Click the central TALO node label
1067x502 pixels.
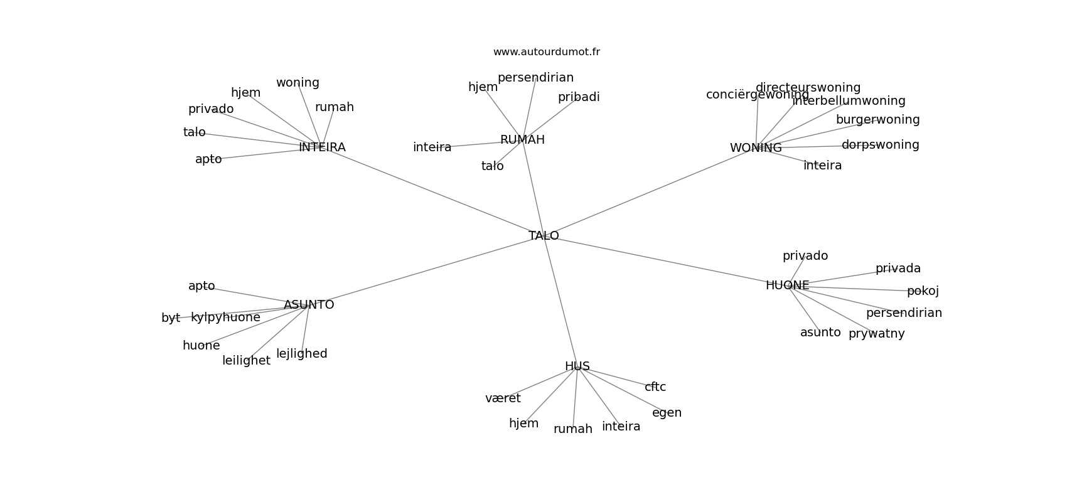coord(544,236)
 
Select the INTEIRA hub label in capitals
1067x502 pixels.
coord(322,147)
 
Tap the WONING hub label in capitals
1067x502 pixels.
coord(756,148)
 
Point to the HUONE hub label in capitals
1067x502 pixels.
coord(787,286)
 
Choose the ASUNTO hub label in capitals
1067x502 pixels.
coord(309,305)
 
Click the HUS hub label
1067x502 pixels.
coord(577,366)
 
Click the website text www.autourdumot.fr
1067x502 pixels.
coord(546,52)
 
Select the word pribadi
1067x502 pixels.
coord(579,97)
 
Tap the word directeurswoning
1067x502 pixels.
coord(808,88)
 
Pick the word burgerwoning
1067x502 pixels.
coord(877,120)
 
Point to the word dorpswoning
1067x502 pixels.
coord(880,145)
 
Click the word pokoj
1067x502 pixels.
coord(923,291)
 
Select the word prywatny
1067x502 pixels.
coord(876,334)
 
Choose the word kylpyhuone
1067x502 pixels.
coord(225,318)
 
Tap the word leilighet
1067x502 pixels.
coord(246,361)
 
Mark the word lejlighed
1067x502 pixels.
coord(302,354)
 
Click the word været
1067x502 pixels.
coord(503,398)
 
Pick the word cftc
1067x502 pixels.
coord(655,387)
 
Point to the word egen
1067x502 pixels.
coord(667,413)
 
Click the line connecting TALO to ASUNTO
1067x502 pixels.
coord(427,270)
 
